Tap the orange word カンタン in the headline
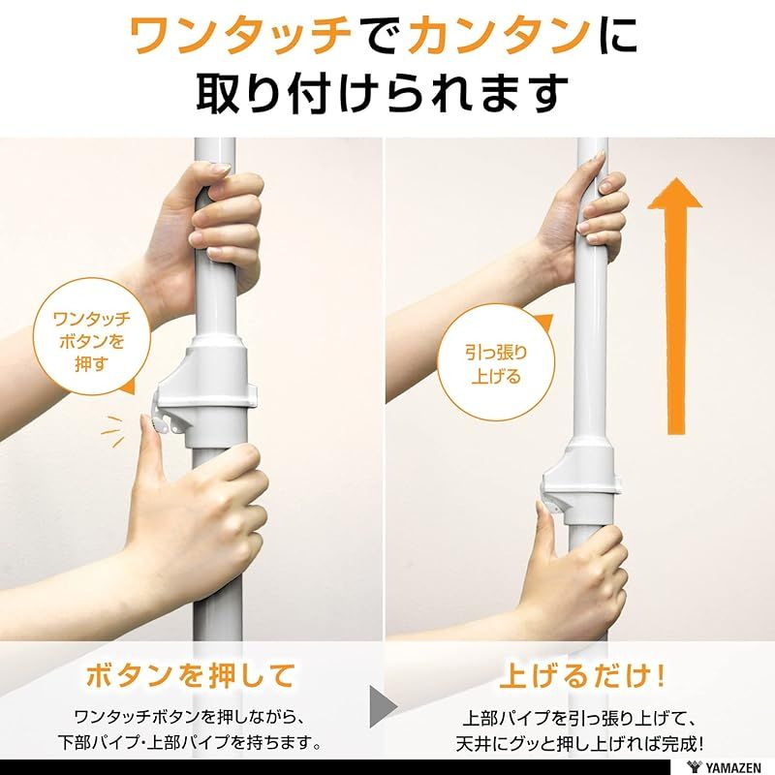pos(495,37)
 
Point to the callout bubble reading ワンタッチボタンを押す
pos(90,335)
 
